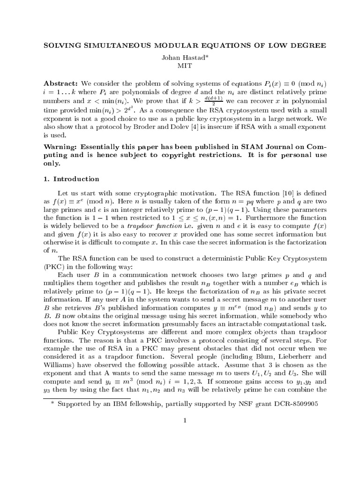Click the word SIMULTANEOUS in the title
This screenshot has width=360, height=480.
[x=120, y=45]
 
